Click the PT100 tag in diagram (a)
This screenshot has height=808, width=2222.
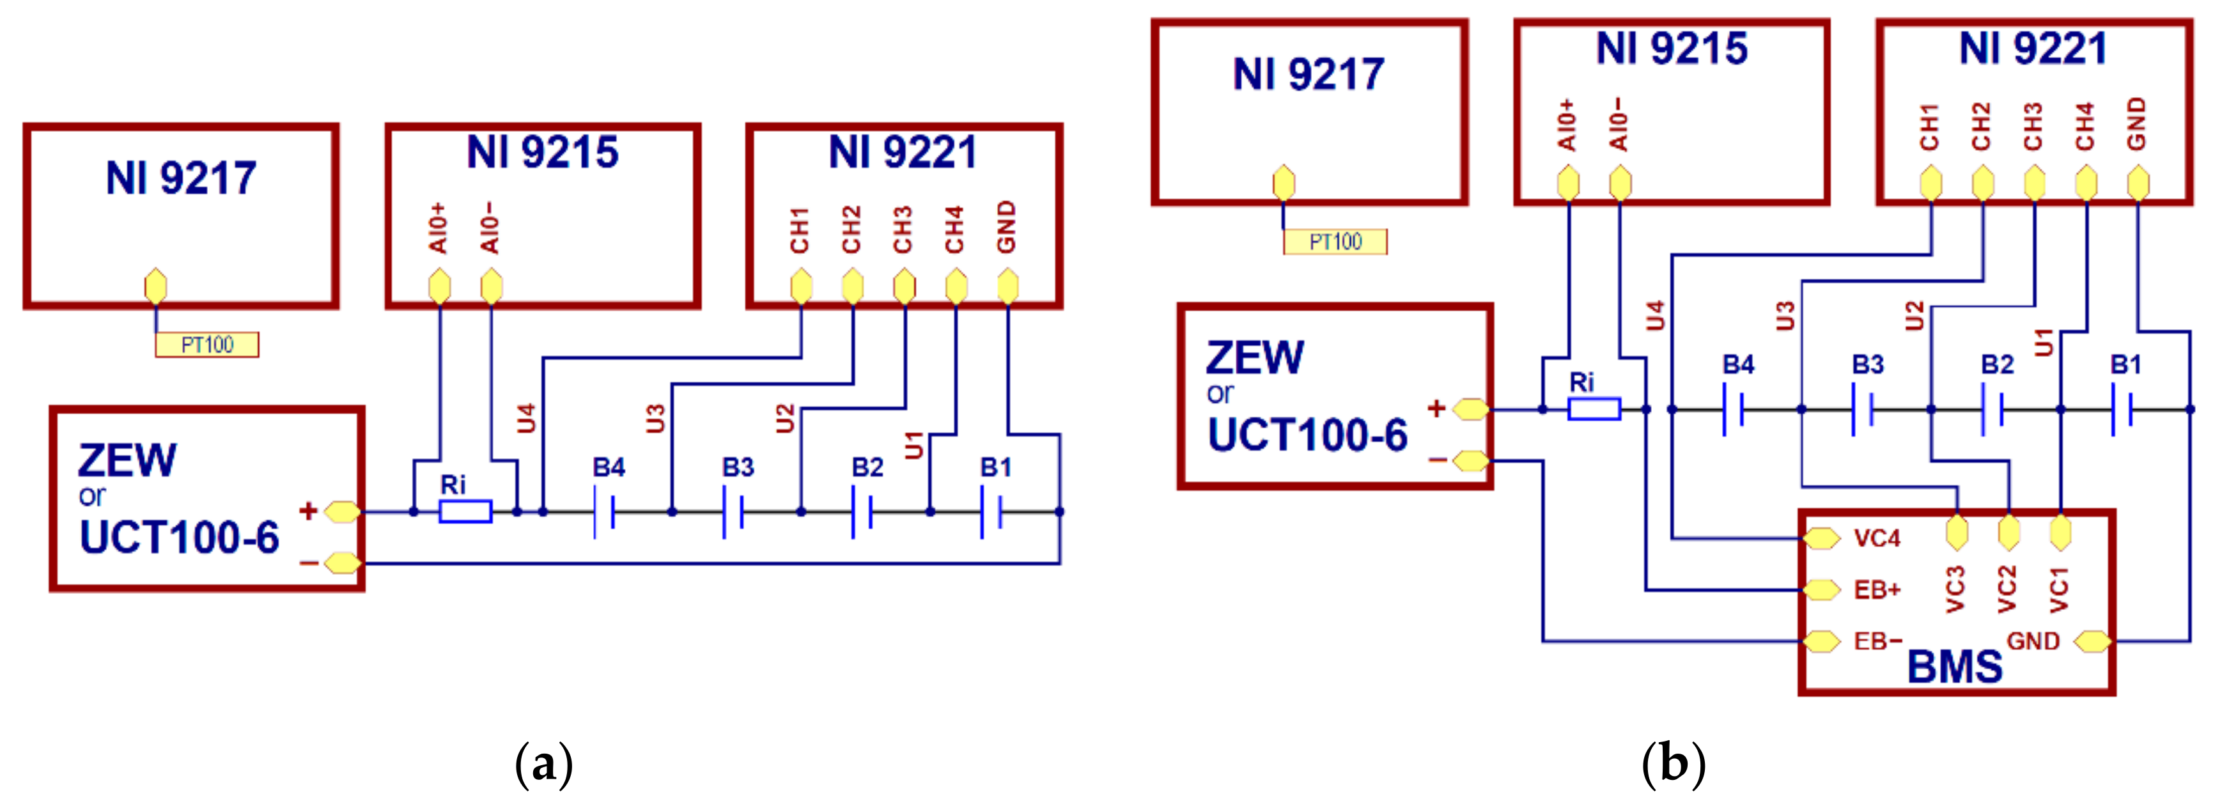click(x=207, y=345)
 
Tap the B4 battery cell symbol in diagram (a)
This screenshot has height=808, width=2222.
click(x=604, y=511)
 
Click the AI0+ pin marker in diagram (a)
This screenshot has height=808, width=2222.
click(x=439, y=286)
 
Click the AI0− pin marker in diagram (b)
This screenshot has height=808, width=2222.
click(x=1620, y=183)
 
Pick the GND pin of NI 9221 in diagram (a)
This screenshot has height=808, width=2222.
click(x=1007, y=286)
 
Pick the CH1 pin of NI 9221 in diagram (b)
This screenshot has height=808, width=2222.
click(x=1931, y=183)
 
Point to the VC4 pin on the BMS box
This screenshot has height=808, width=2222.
click(x=1822, y=538)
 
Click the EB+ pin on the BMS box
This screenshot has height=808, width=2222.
click(x=1822, y=590)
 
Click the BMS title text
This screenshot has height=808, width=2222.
click(x=1955, y=667)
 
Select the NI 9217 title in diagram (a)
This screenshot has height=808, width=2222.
click(x=180, y=178)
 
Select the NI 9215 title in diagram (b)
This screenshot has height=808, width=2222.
click(x=1671, y=49)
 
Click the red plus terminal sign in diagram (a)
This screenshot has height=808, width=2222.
click(x=308, y=511)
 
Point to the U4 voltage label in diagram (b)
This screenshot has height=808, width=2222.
click(x=1654, y=316)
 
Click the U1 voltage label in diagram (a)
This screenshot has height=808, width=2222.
click(x=913, y=445)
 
